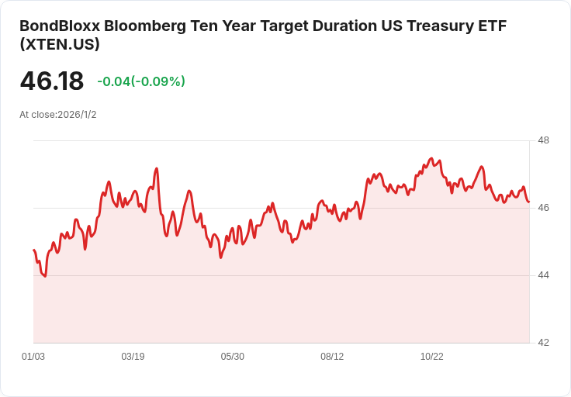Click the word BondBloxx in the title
[60, 26]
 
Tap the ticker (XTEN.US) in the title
[60, 44]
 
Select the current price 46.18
[52, 81]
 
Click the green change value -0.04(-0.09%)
[141, 81]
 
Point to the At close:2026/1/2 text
[58, 115]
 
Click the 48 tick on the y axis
[543, 140]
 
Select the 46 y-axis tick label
[543, 208]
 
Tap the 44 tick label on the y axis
[543, 275]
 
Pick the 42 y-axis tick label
[543, 343]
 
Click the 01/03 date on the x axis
[33, 356]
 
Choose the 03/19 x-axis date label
[133, 356]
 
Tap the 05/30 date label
[232, 356]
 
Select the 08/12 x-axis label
[332, 356]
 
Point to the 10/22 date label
[432, 356]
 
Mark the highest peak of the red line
[431, 158]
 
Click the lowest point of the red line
[45, 277]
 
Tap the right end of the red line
[529, 202]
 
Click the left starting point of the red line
[34, 250]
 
